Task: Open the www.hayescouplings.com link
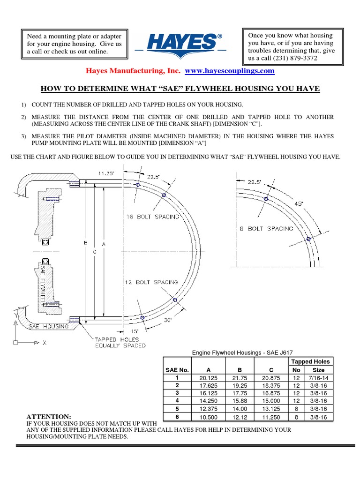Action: click(230, 71)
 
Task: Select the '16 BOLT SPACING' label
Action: click(152, 217)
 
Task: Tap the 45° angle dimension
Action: click(299, 203)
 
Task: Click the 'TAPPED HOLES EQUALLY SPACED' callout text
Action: click(120, 342)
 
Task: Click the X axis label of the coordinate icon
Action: click(45, 343)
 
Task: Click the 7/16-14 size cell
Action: click(318, 377)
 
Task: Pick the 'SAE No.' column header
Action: click(177, 370)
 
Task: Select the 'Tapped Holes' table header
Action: click(310, 361)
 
